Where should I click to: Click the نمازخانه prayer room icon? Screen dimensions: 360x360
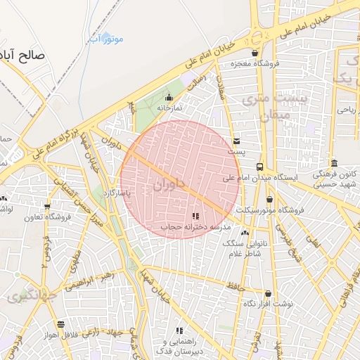tap(168, 98)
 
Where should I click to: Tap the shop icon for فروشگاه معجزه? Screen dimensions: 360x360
tap(255, 53)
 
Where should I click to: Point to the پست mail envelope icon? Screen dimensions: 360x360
tap(236, 140)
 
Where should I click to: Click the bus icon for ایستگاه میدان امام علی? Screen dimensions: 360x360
tap(260, 167)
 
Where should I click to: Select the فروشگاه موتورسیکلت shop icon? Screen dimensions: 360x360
tap(269, 199)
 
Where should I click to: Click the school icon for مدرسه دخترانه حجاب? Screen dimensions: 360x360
tap(195, 216)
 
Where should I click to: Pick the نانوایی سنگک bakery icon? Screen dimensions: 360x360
tap(245, 232)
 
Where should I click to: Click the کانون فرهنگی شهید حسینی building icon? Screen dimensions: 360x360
tap(334, 162)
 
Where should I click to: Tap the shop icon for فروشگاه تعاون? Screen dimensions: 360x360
tap(47, 207)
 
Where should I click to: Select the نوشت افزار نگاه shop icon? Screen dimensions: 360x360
tap(268, 293)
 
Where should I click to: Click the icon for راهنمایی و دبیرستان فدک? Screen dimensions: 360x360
tap(180, 330)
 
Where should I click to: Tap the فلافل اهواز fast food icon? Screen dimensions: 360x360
tap(61, 324)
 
